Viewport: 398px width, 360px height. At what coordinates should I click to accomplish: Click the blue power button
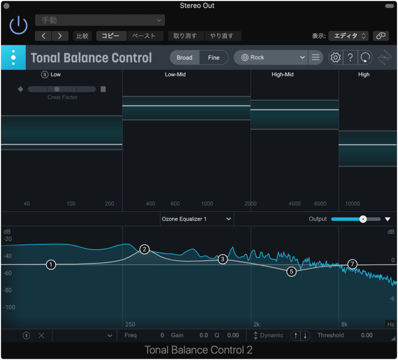coord(19,25)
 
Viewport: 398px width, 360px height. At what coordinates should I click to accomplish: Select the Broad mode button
coord(185,58)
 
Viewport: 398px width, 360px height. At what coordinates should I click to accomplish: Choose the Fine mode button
coord(214,58)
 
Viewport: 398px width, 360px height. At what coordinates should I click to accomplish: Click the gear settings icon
coord(335,58)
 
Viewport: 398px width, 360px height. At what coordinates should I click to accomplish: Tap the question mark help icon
coord(350,58)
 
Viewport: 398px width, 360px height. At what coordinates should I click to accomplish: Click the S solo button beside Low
coord(44,75)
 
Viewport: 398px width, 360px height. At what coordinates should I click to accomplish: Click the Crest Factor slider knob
coord(57,89)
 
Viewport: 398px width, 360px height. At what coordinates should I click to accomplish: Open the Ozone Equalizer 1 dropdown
coord(197,219)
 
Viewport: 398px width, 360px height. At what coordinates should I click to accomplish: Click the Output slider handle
coord(363,219)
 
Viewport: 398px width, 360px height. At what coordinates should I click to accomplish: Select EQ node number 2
coord(144,249)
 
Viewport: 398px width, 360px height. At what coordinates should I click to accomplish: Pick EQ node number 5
coord(291,272)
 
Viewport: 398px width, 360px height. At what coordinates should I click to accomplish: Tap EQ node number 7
coord(352,264)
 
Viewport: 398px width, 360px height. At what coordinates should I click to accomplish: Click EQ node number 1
coord(51,265)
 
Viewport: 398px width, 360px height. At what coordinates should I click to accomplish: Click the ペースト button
coord(144,36)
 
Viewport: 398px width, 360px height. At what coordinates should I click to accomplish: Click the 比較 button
coord(82,36)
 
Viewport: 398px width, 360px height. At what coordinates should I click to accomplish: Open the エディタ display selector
coord(348,36)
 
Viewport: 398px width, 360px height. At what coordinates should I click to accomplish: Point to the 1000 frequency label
coord(207,204)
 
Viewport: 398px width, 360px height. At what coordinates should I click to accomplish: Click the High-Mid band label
coord(282,75)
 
